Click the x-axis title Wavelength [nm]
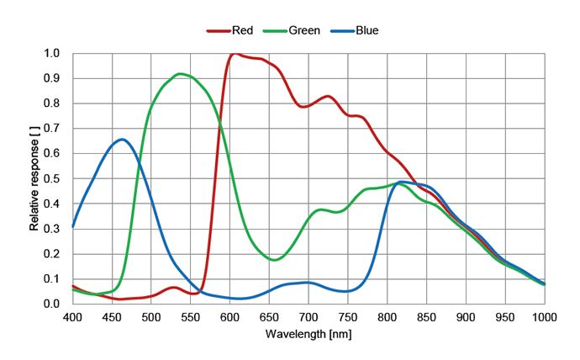click(x=308, y=334)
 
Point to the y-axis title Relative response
click(x=34, y=178)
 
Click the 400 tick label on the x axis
click(x=72, y=317)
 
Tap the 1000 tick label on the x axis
click(x=544, y=317)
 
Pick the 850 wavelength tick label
click(x=426, y=317)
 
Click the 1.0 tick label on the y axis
click(x=52, y=54)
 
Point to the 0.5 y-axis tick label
click(x=52, y=179)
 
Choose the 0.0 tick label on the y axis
click(x=52, y=304)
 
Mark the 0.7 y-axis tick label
click(x=52, y=129)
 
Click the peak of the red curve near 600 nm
click(x=233, y=53)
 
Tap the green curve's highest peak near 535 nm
click(x=180, y=74)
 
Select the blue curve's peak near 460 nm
click(x=122, y=140)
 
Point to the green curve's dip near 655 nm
click(x=274, y=260)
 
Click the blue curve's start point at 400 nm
click(x=73, y=226)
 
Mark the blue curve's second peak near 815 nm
click(x=402, y=182)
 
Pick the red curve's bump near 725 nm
click(x=328, y=97)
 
